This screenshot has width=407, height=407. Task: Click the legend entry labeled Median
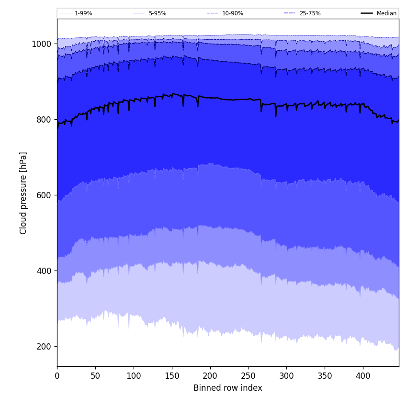point(386,13)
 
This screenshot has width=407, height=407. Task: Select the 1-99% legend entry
point(83,13)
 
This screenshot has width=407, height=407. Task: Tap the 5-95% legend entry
point(157,13)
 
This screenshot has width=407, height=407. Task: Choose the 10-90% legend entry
point(232,13)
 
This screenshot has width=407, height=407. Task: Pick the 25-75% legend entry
point(310,13)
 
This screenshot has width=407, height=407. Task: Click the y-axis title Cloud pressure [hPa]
point(23,193)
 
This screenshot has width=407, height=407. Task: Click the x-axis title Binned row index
point(228,388)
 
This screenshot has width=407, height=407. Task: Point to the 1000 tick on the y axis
point(42,44)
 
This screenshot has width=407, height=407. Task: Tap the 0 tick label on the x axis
point(57,376)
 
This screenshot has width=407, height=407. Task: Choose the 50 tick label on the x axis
point(95,376)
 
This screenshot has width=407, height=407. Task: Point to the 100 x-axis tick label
point(134,376)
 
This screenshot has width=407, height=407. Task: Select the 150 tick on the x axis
point(172,376)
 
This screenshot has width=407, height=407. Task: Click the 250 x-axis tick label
point(248,376)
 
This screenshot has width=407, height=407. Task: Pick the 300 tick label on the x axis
point(286,376)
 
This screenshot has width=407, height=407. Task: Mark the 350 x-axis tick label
point(325,376)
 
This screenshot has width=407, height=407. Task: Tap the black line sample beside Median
point(367,13)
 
